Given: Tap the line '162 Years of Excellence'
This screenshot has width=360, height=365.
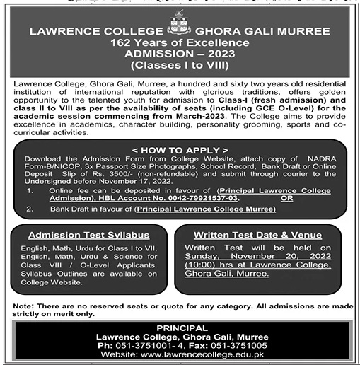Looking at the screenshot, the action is tap(180, 42).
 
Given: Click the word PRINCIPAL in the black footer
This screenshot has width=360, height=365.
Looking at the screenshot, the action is tap(180, 328).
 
